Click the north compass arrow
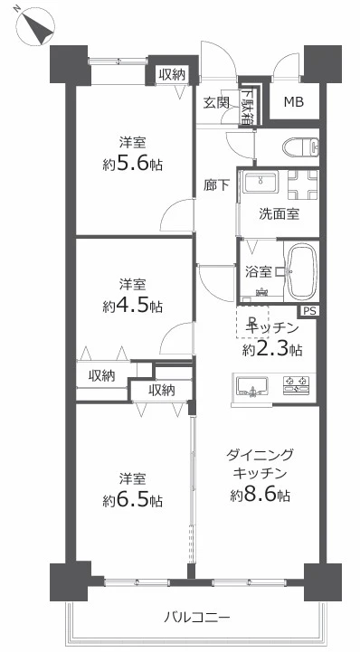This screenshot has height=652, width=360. [x=41, y=28]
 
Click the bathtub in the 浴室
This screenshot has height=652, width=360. [x=302, y=271]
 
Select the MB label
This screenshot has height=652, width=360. [x=294, y=101]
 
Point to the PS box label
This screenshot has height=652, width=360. [x=308, y=311]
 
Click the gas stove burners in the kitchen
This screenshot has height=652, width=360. [x=297, y=384]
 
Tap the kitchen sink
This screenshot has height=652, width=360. [x=252, y=385]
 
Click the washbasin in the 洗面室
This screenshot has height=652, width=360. [x=261, y=182]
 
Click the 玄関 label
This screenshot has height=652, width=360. [x=216, y=103]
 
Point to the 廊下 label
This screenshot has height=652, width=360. [x=216, y=185]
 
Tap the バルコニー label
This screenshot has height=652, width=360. [x=196, y=616]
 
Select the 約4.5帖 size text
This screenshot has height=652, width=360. [x=133, y=307]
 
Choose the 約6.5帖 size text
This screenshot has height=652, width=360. [x=133, y=500]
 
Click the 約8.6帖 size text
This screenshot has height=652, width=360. [x=261, y=495]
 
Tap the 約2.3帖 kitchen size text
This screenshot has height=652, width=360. [x=272, y=350]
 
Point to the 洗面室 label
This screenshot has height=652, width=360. [x=279, y=214]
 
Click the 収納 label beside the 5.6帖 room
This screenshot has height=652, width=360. [x=172, y=75]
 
